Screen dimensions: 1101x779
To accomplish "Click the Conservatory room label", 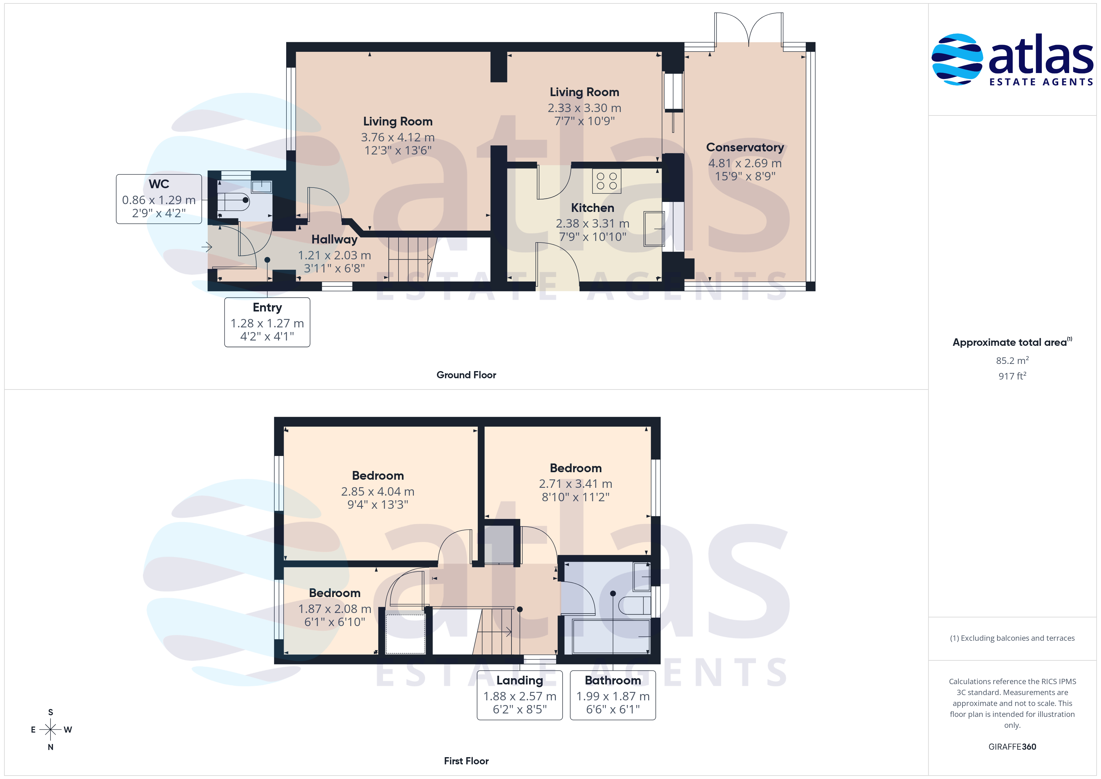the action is (x=745, y=147).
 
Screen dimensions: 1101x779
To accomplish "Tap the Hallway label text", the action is (x=334, y=239).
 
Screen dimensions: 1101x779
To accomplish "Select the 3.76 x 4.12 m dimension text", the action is (x=398, y=137).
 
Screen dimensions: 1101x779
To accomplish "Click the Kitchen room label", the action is (x=592, y=208).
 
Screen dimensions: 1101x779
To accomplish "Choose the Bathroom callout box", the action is (x=613, y=695).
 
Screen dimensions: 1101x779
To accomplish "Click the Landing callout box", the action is (x=520, y=695).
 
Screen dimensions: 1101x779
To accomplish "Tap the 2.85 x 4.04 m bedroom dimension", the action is (x=378, y=492).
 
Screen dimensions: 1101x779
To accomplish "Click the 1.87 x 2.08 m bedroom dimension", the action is (x=335, y=609).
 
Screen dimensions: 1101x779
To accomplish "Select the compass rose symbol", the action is (x=50, y=730).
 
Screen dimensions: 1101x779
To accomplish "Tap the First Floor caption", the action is (x=466, y=761).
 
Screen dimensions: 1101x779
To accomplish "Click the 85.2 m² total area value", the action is (x=1012, y=360).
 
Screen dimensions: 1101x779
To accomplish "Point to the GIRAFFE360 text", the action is (x=1012, y=746).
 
